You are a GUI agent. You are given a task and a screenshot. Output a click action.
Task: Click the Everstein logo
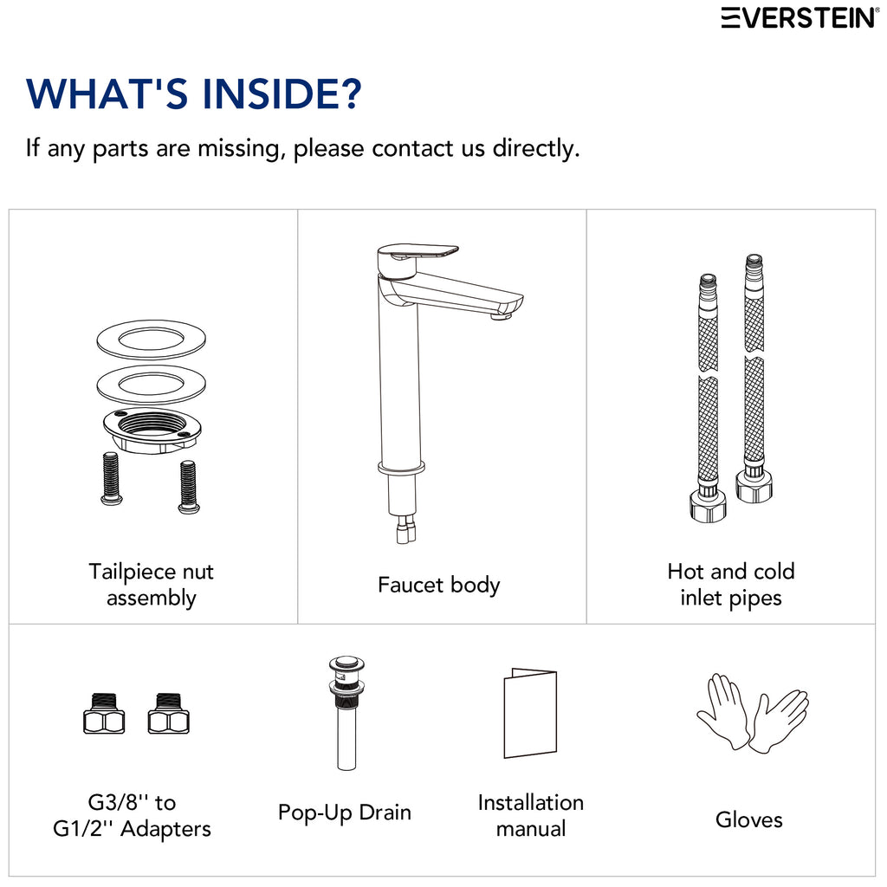point(800,17)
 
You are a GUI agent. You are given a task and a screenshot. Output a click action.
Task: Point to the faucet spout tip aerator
point(502,315)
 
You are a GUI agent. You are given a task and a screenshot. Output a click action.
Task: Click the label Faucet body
point(439,585)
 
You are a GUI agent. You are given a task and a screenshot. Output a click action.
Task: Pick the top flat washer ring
point(151,340)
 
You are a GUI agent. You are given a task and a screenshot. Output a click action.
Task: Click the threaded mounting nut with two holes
point(152,430)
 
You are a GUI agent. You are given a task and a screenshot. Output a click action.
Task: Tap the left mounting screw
point(112,478)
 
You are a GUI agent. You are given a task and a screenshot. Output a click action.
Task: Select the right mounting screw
point(188,487)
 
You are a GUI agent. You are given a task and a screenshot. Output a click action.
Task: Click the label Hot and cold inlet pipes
point(731,585)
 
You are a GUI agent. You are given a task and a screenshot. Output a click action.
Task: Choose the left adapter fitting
point(104,714)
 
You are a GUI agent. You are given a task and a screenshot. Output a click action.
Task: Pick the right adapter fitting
point(169,714)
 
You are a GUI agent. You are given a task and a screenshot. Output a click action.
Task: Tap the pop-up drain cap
point(346,663)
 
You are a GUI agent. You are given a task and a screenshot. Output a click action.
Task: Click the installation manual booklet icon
point(530,713)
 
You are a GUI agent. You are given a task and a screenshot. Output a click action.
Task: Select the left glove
point(723,710)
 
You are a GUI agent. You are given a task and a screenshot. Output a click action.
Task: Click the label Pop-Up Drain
point(345,813)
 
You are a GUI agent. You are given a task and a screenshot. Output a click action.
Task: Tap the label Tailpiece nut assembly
point(151,585)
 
